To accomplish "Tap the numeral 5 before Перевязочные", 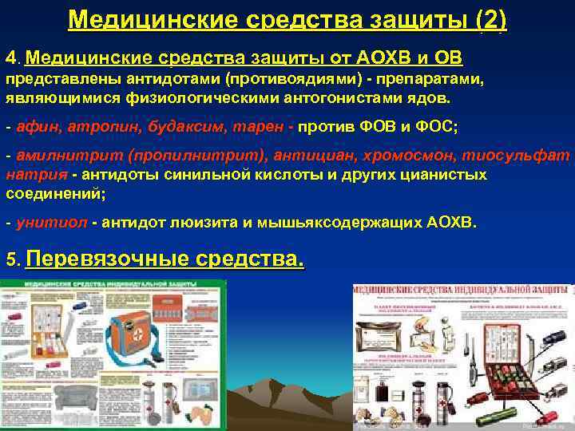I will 10,260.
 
